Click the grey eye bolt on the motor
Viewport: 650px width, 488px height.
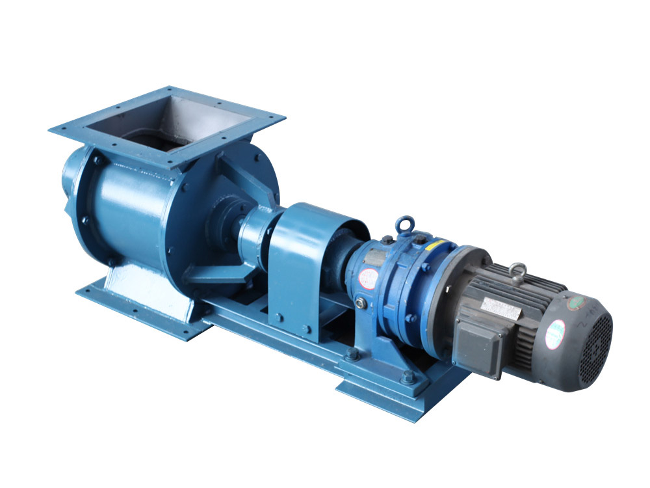[517, 270]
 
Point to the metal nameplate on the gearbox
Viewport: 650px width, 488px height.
[373, 258]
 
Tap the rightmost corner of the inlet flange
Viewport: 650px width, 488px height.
[284, 118]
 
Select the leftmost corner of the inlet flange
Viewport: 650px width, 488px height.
[50, 129]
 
